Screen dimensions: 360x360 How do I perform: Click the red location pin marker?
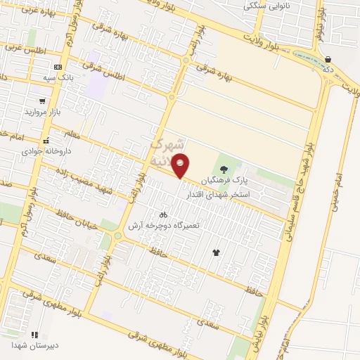(x=181, y=167)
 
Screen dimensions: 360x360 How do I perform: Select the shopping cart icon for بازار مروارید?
(x=44, y=101)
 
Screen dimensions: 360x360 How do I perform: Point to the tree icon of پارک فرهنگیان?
(x=224, y=169)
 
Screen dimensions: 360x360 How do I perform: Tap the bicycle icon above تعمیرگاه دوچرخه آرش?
(x=163, y=214)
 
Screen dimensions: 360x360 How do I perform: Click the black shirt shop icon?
(x=215, y=252)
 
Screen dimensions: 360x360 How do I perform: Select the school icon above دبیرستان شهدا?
(x=34, y=335)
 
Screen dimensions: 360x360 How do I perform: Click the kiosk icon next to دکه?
(x=328, y=59)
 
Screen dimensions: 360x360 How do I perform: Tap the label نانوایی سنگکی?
(x=266, y=6)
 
